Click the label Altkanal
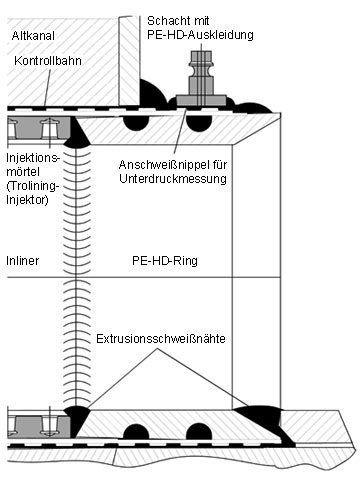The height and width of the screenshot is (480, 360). tap(33, 36)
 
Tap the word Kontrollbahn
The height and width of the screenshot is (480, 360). tap(48, 61)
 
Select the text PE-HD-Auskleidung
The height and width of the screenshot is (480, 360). tap(200, 35)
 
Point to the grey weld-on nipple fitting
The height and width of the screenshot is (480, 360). tap(201, 79)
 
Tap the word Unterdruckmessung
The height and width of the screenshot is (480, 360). tap(173, 179)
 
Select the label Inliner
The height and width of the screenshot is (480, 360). tap(23, 261)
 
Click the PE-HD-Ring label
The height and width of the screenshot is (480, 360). tap(165, 261)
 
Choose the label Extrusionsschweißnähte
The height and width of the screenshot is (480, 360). tap(161, 339)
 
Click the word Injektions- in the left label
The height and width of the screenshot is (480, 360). tap(33, 158)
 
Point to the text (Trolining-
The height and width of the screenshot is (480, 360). tap(33, 186)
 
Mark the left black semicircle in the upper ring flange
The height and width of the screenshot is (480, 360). tap(136, 123)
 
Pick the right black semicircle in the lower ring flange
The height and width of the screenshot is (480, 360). tap(199, 431)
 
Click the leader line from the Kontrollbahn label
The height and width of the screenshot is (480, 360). tap(47, 87)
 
